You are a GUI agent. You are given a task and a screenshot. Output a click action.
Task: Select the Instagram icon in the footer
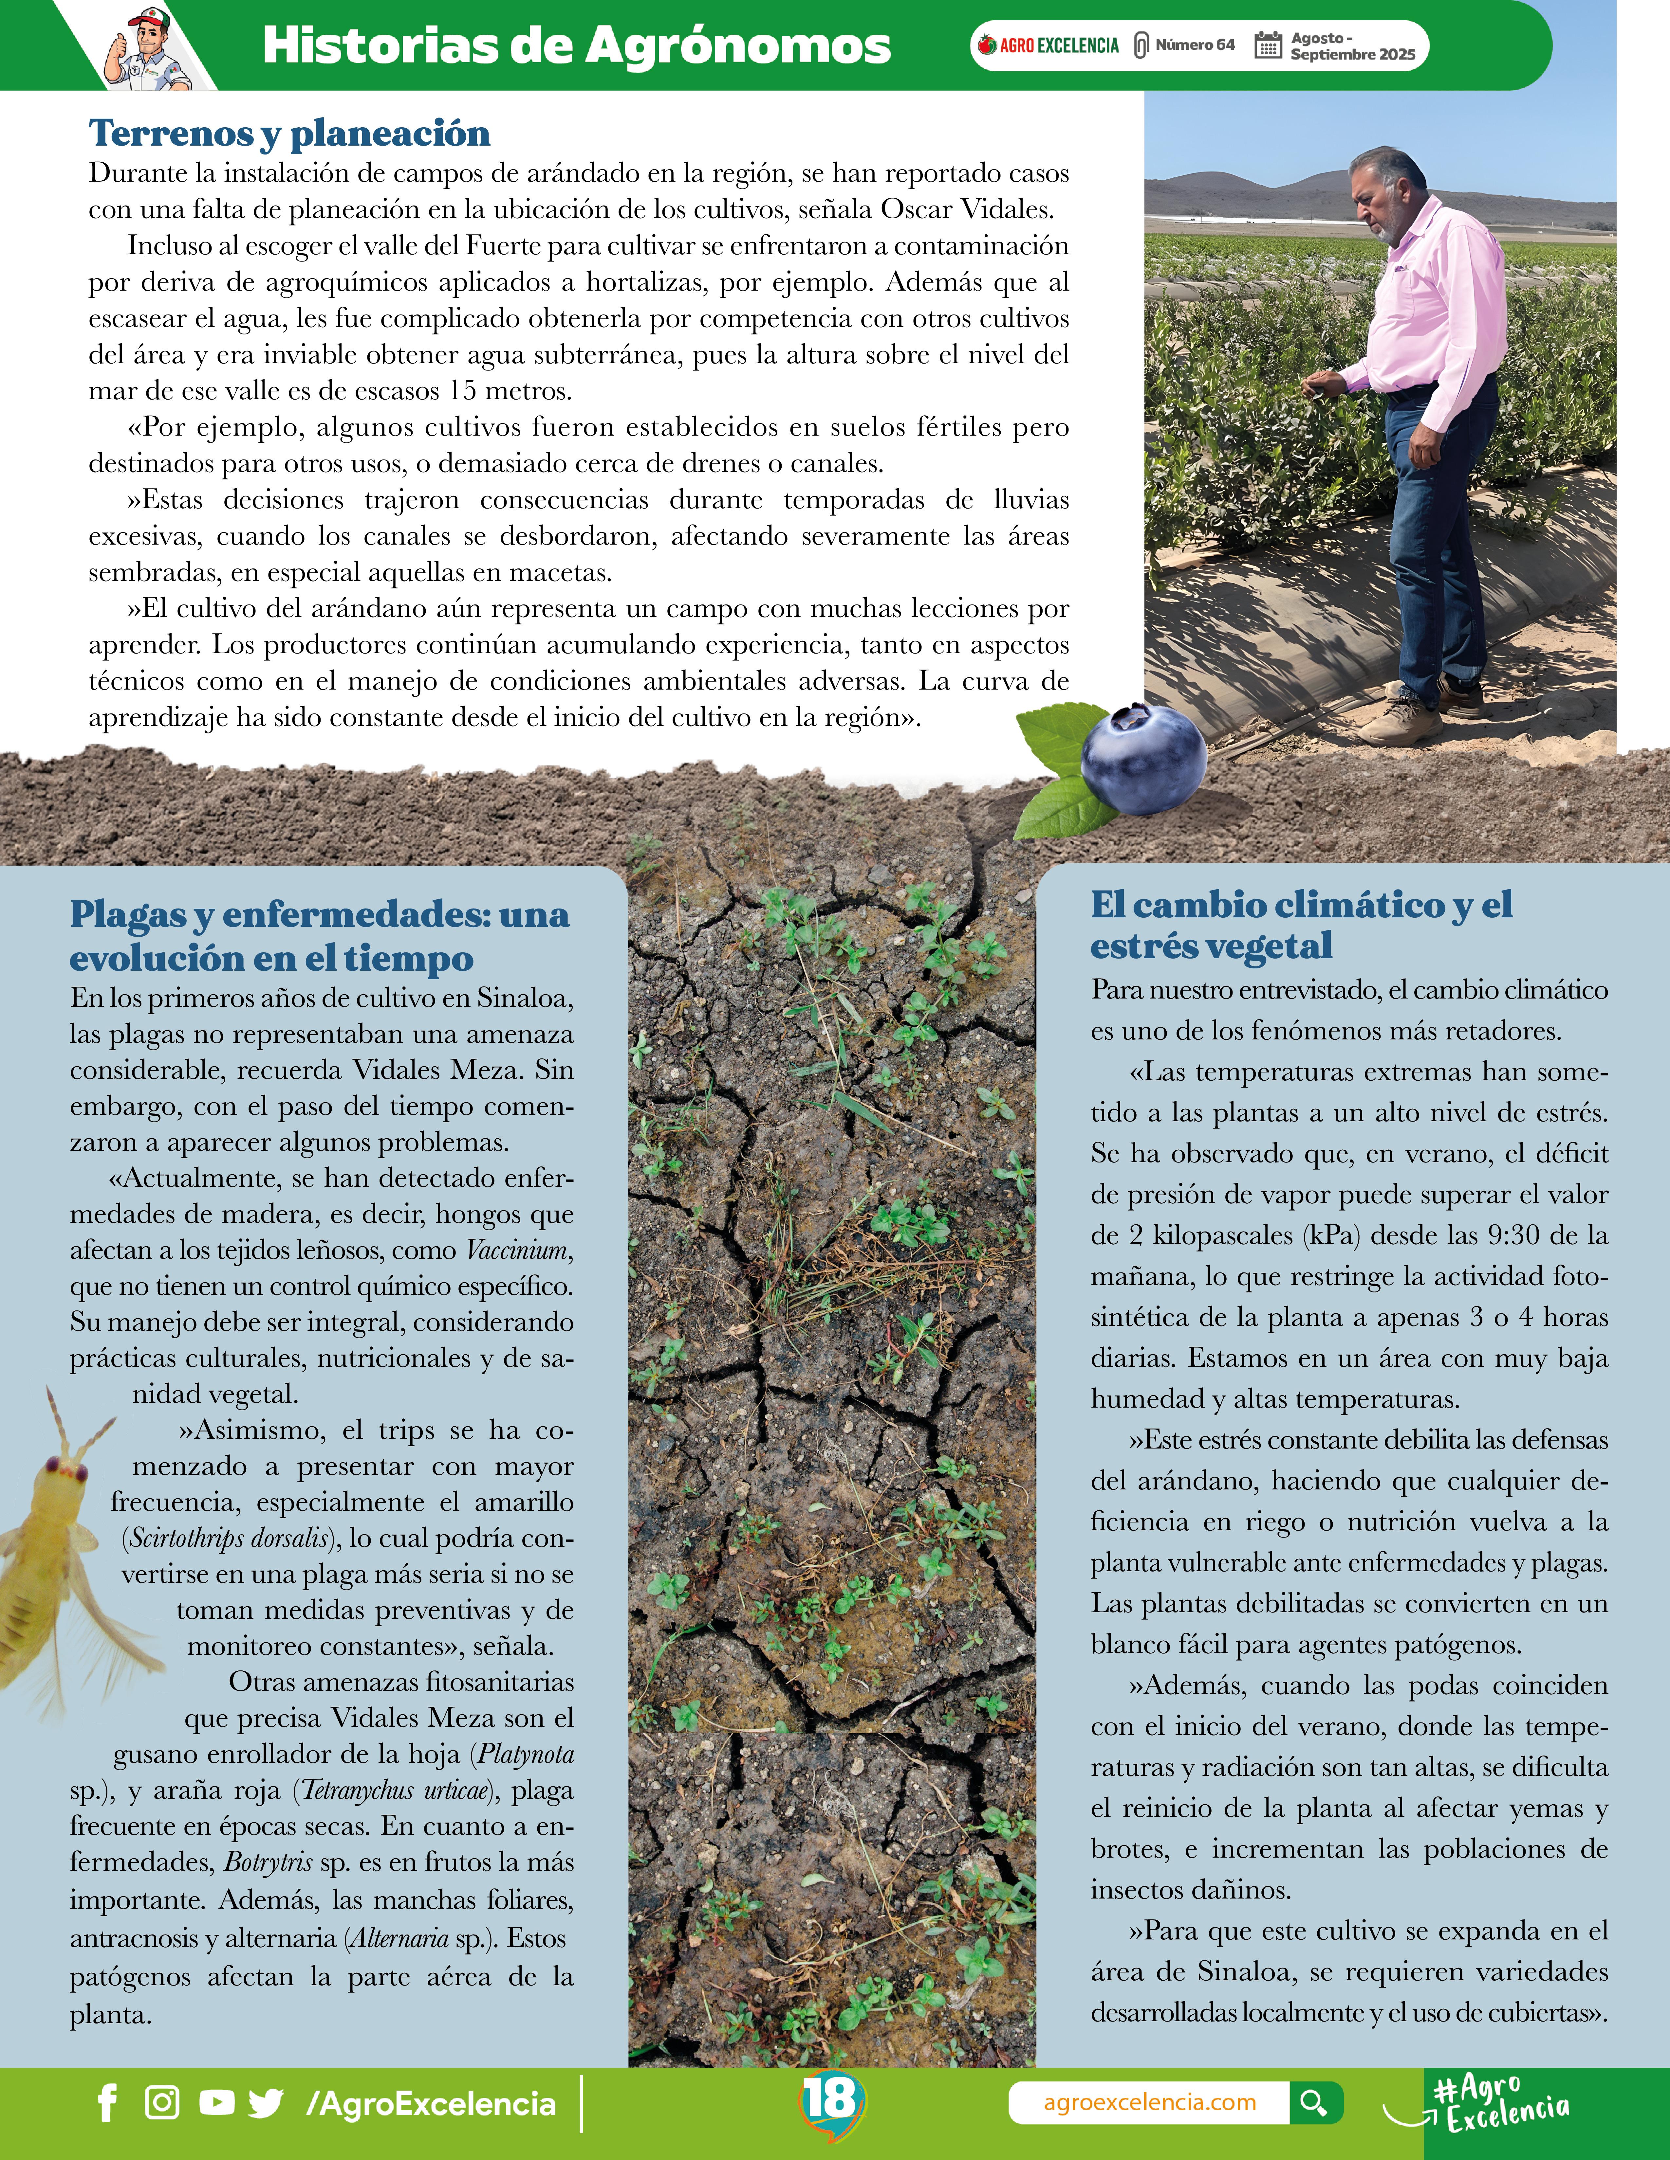coord(162,2103)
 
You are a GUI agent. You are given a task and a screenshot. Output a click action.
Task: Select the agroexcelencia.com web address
coord(1150,2103)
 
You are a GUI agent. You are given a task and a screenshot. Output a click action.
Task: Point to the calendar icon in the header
coord(1267,45)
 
